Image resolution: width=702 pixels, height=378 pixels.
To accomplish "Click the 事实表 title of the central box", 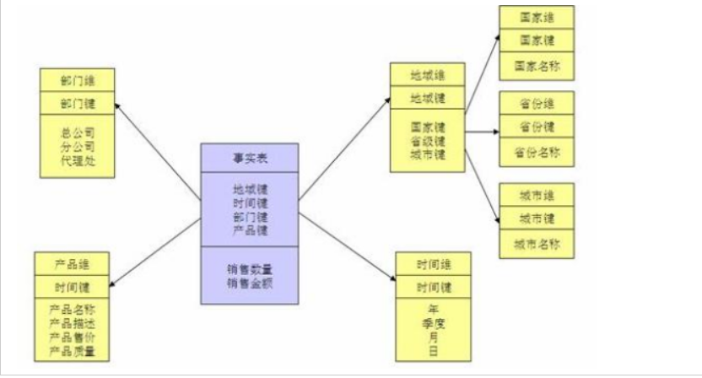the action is [x=249, y=158].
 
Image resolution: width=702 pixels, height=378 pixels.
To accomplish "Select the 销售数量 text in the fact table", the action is [x=249, y=269].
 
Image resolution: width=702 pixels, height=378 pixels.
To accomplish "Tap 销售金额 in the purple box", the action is [x=249, y=282].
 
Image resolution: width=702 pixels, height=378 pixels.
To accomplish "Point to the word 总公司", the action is [x=77, y=133].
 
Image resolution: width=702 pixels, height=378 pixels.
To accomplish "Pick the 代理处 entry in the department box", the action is [x=77, y=159].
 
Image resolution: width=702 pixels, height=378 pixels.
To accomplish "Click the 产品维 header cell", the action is [x=72, y=264].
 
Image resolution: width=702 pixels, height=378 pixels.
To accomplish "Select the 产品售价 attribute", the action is [x=72, y=338].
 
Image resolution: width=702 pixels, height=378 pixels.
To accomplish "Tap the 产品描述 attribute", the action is [x=72, y=326].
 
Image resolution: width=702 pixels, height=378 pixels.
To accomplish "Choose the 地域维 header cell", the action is [x=427, y=75].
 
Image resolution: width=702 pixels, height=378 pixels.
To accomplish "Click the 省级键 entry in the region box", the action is [x=427, y=141].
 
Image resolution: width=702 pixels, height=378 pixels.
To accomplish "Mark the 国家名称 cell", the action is [x=537, y=65].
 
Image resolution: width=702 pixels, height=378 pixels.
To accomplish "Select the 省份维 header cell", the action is [x=537, y=104].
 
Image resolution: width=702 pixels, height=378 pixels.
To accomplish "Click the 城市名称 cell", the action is [x=537, y=244].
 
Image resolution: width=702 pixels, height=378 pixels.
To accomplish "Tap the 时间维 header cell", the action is [x=433, y=263].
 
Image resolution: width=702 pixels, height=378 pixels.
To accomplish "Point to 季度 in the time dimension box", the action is [x=433, y=321].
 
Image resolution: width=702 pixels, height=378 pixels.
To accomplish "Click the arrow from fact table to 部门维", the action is [x=156, y=147].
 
